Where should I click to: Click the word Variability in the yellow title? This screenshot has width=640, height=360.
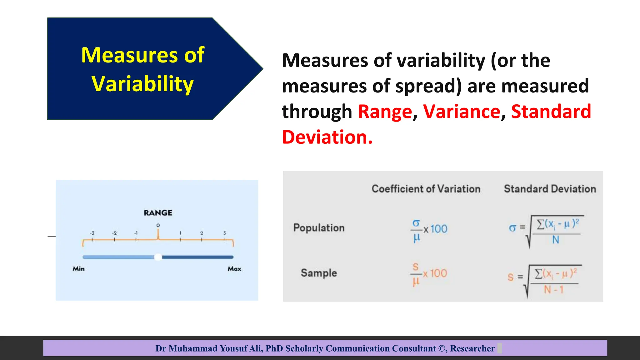142,84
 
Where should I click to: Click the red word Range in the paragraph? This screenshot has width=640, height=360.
385,112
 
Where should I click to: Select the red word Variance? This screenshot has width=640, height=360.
462,112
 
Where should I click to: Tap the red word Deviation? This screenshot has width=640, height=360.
327,137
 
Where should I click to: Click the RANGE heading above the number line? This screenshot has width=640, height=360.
158,213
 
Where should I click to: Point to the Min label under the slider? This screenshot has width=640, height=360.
78,268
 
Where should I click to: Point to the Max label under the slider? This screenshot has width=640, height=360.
234,268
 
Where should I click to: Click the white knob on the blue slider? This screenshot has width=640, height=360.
158,257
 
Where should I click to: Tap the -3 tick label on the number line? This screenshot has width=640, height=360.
92,233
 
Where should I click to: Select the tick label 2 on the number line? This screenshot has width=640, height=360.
202,233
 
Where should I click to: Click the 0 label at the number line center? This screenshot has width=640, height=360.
158,225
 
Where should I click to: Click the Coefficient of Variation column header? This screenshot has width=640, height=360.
426,189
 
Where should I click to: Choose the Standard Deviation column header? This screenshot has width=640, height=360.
550,189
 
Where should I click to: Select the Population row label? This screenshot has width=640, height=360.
319,228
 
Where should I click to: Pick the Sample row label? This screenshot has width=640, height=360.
319,273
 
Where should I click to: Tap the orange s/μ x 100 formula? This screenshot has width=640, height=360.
428,274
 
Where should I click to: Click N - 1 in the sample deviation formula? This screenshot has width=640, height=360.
553,289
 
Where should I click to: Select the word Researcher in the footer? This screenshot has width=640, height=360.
472,348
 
